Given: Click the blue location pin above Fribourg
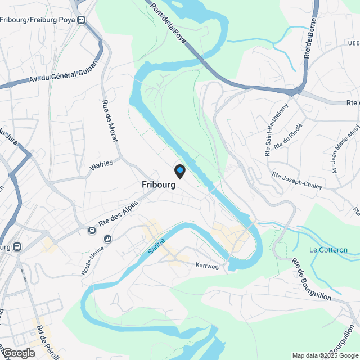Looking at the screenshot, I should [179, 170].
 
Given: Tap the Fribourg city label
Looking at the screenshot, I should [159, 184].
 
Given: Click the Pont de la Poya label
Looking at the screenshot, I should [170, 26].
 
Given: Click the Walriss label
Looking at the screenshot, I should [101, 165].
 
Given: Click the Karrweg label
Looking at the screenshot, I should [206, 264].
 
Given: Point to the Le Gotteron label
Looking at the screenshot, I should [328, 250].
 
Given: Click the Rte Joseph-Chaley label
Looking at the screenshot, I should [297, 181].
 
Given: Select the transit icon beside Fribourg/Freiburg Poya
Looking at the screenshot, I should [82, 21].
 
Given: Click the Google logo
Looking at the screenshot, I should [19, 353].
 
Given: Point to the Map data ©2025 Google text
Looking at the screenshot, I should [325, 355].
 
